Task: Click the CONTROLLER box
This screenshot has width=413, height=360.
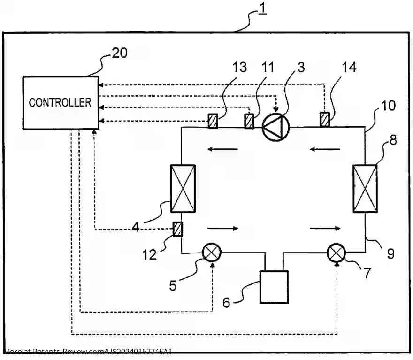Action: click(61, 102)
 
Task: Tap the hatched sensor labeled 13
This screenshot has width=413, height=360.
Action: click(214, 121)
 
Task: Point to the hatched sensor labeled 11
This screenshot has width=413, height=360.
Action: click(249, 121)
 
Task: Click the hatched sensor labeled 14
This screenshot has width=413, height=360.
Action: click(324, 119)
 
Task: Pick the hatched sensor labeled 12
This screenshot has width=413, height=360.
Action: click(178, 229)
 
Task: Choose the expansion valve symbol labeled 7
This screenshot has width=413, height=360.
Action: click(336, 253)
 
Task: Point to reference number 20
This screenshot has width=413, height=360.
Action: click(119, 53)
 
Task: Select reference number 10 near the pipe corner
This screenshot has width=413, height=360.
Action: click(388, 105)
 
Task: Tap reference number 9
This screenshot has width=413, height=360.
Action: click(390, 254)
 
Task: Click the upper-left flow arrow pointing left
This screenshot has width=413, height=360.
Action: click(223, 150)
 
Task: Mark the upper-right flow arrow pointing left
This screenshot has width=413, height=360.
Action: click(325, 150)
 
